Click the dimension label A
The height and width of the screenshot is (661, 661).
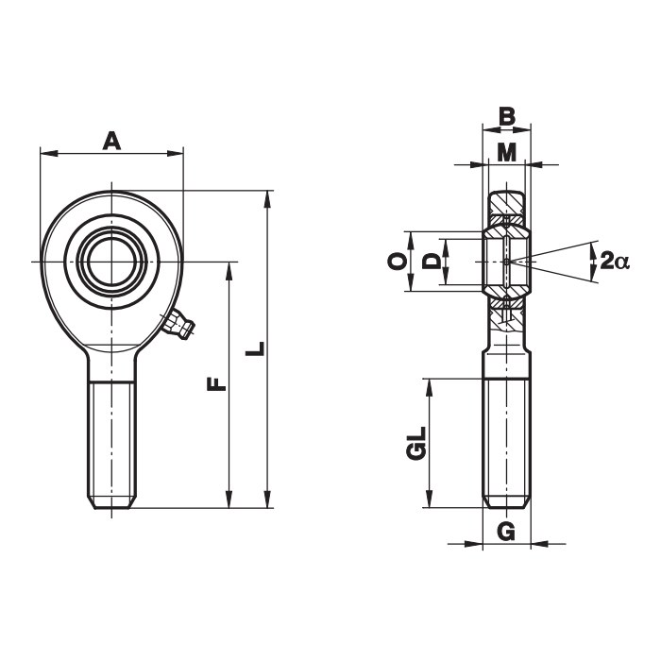pyautogui.click(x=111, y=141)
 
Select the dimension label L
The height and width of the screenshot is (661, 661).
pyautogui.click(x=255, y=348)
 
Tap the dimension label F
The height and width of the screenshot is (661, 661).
pyautogui.click(x=216, y=384)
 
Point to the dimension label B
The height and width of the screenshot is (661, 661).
pyautogui.click(x=507, y=116)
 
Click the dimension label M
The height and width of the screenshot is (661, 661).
pyautogui.click(x=507, y=153)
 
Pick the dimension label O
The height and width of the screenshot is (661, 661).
pyautogui.click(x=398, y=262)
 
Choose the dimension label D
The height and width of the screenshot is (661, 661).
pyautogui.click(x=432, y=262)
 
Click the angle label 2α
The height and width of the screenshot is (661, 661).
pyautogui.click(x=615, y=261)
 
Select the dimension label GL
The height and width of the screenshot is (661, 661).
pyautogui.click(x=416, y=443)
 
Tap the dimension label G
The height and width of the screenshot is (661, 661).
pyautogui.click(x=506, y=531)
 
